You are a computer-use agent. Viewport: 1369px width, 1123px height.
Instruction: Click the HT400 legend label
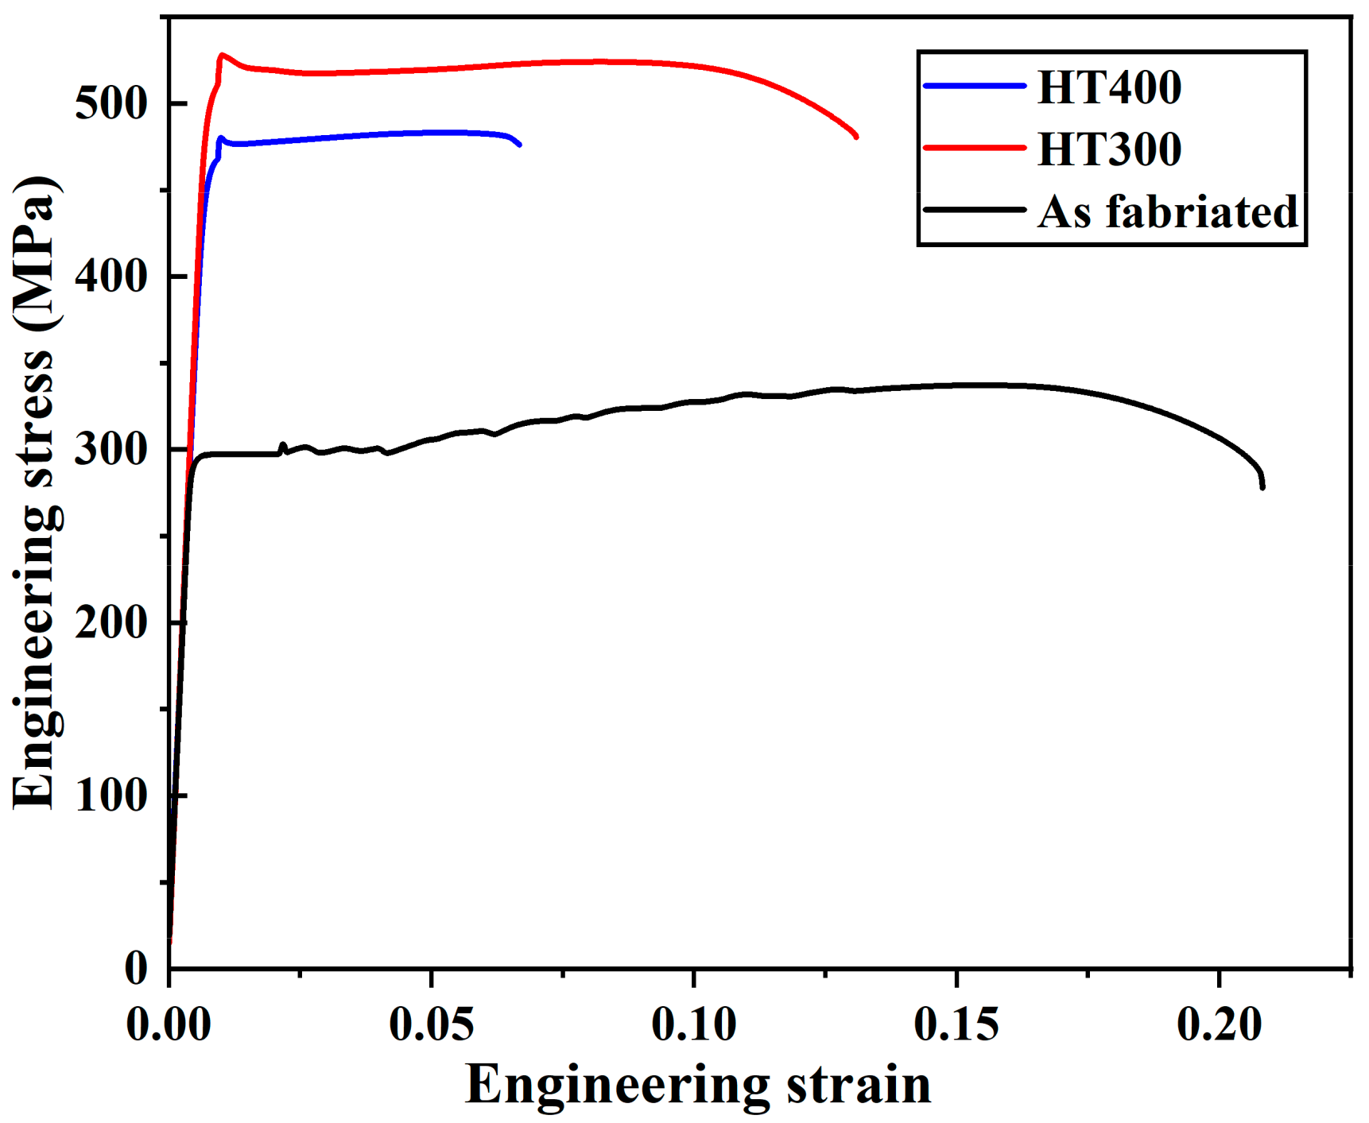click(x=1109, y=87)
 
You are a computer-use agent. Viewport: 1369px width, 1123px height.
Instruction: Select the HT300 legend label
click(x=1109, y=149)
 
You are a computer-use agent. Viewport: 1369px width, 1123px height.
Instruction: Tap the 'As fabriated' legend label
click(x=1167, y=211)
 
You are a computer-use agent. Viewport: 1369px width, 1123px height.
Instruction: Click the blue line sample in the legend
click(x=975, y=85)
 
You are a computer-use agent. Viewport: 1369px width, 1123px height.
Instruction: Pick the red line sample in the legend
click(x=975, y=148)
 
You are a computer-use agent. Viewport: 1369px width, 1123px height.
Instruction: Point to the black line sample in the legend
click(x=975, y=210)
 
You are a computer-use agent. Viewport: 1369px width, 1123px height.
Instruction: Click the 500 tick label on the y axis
click(x=111, y=103)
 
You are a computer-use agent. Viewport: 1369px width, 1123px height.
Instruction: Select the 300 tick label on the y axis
click(x=111, y=450)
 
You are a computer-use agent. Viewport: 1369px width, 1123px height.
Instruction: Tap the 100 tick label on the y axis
click(x=111, y=795)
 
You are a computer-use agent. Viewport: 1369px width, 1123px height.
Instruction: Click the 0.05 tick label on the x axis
click(x=431, y=1024)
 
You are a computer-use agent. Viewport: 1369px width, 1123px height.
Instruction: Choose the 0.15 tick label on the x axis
click(x=956, y=1024)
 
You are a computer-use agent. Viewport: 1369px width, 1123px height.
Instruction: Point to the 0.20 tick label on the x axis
click(x=1219, y=1024)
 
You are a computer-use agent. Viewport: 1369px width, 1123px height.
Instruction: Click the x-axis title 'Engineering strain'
click(x=697, y=1084)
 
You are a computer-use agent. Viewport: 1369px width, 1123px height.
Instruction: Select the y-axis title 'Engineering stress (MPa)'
click(x=35, y=493)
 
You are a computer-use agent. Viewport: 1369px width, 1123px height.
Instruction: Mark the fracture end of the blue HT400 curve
click(x=520, y=144)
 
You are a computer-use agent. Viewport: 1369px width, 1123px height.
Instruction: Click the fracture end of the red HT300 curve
click(x=856, y=136)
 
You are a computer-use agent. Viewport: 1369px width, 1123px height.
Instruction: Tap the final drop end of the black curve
click(x=1262, y=486)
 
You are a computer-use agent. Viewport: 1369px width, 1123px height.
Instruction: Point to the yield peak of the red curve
click(x=222, y=55)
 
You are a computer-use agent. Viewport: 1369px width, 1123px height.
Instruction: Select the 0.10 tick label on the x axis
click(x=694, y=1024)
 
